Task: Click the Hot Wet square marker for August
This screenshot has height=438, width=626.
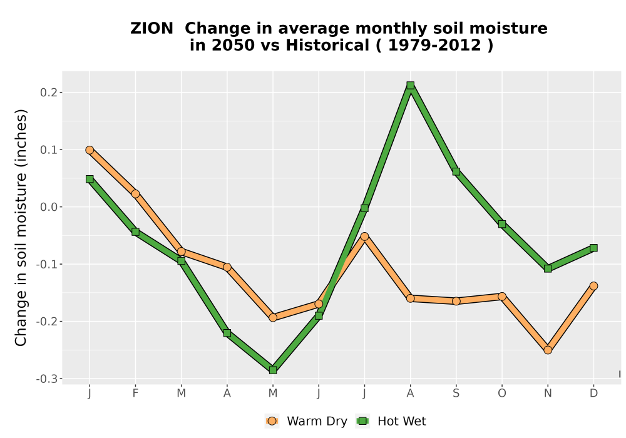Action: click(x=410, y=85)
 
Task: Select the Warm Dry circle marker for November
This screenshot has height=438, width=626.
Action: click(x=548, y=350)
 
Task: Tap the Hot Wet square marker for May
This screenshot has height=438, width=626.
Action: click(x=273, y=370)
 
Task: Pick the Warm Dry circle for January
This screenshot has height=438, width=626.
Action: click(x=90, y=150)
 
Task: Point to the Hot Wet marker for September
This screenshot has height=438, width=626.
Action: click(x=456, y=171)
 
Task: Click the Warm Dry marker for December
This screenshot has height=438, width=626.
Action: click(x=593, y=285)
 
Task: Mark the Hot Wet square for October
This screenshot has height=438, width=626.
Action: click(x=502, y=224)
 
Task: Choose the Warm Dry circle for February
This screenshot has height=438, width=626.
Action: click(x=135, y=194)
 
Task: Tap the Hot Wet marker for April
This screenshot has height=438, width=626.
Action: click(x=227, y=333)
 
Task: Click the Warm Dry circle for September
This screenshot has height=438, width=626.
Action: click(x=456, y=301)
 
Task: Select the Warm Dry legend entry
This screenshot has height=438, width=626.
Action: click(x=306, y=421)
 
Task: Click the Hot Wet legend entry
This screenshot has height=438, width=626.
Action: click(x=391, y=421)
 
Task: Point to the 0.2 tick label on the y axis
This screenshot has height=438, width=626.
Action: click(x=49, y=93)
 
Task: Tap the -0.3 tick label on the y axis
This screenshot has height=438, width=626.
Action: click(x=47, y=379)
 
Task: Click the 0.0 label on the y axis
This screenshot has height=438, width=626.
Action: click(x=49, y=207)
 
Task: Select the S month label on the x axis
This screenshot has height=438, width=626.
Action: click(x=456, y=394)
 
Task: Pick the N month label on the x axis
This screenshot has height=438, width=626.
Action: click(x=548, y=394)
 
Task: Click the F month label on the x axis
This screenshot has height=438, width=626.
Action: click(x=135, y=394)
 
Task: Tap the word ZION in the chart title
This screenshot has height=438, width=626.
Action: click(x=151, y=29)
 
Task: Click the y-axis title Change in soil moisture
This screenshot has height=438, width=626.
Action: click(x=21, y=227)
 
